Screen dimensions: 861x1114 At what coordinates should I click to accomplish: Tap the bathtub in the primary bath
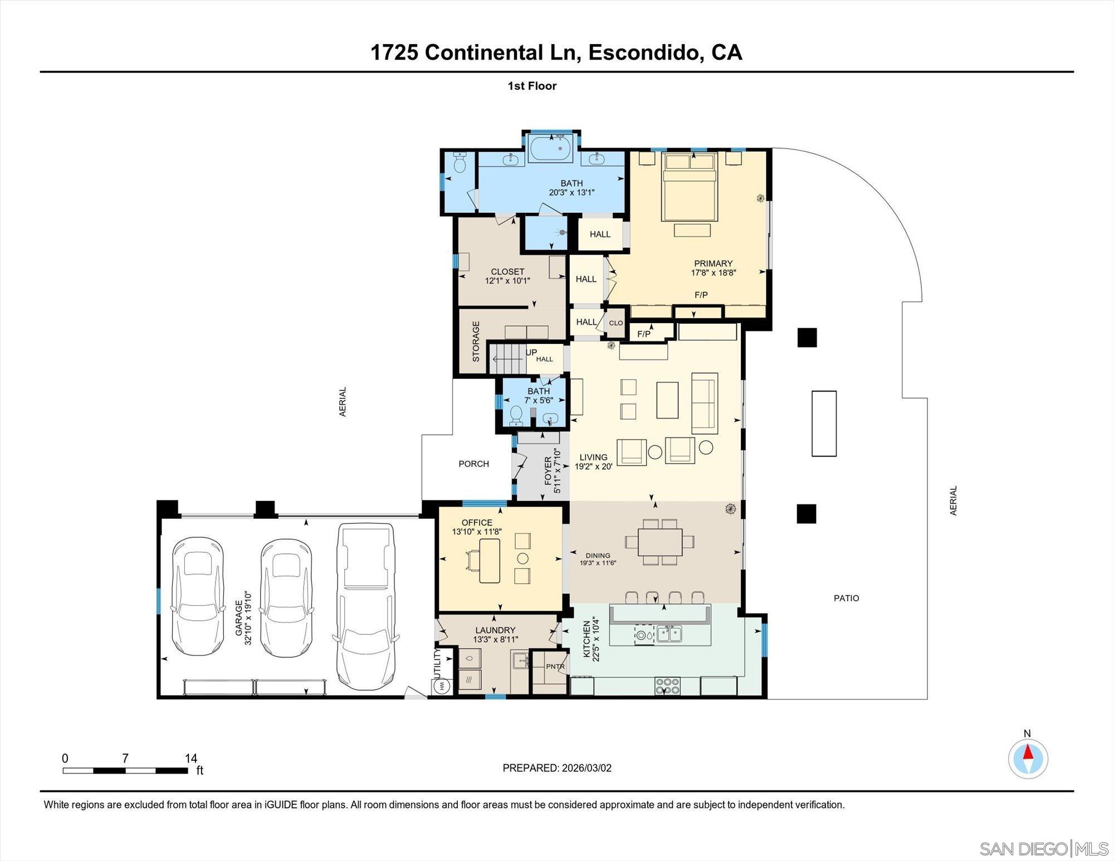pos(550,148)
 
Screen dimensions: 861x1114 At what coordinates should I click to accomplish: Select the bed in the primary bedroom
pos(689,187)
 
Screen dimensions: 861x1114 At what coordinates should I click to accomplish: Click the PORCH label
pos(473,464)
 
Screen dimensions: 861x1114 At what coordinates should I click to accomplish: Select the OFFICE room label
pos(477,523)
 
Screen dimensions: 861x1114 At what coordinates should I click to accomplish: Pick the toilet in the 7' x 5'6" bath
pos(516,415)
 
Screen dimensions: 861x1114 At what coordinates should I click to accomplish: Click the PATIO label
pos(846,598)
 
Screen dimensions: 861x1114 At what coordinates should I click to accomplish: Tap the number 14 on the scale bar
pos(190,758)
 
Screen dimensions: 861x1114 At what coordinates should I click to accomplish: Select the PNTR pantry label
pos(555,667)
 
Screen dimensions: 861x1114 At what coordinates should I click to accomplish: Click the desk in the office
pos(489,561)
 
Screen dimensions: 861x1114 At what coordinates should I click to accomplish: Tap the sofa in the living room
pos(705,403)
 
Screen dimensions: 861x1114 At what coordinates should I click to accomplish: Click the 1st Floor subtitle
pos(532,86)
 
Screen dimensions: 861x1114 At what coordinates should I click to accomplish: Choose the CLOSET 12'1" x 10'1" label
pos(507,276)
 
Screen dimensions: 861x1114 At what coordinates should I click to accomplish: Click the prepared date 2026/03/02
pos(586,768)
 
